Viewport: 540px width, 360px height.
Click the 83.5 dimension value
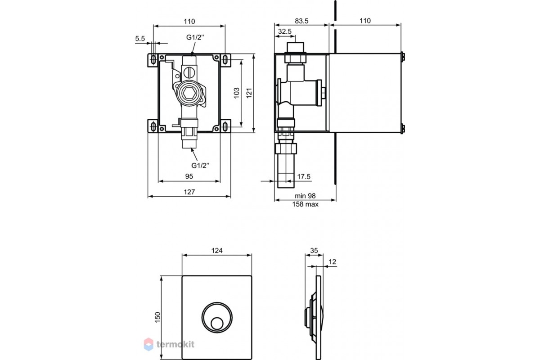coord(301,21)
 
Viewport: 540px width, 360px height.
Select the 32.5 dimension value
coord(285,31)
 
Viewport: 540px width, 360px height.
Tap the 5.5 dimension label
coord(140,39)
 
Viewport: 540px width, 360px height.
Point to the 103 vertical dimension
coord(237,93)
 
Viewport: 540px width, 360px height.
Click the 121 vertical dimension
coord(249,93)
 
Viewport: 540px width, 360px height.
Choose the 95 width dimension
coord(189,176)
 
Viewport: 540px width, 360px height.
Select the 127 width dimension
coord(189,192)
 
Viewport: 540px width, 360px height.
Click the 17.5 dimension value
coord(304,177)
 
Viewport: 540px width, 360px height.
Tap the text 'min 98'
coord(305,196)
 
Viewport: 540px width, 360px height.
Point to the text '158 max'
coord(305,204)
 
